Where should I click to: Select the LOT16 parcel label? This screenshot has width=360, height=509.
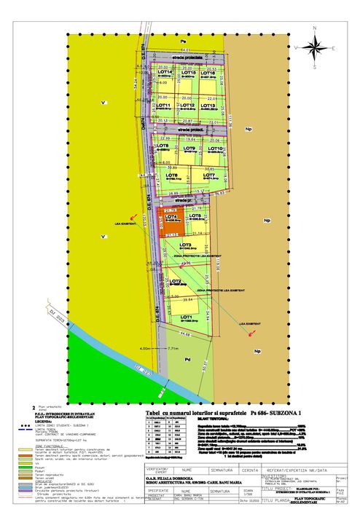[207, 73]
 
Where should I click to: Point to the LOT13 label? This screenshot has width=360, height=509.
[207, 106]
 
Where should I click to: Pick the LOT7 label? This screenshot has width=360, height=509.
[209, 175]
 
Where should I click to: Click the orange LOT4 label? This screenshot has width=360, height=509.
[172, 217]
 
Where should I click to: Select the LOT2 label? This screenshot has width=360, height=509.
[175, 281]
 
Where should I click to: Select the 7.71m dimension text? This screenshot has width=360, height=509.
[173, 349]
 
